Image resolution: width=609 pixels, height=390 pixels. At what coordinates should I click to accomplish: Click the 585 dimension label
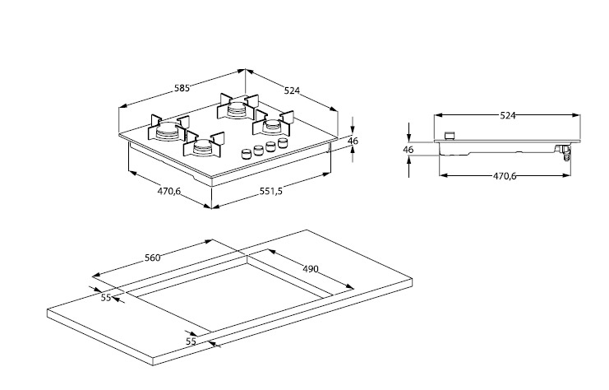[182, 88]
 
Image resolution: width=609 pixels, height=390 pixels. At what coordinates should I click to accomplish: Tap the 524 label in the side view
[508, 116]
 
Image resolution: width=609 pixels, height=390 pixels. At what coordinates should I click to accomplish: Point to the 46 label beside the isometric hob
[353, 142]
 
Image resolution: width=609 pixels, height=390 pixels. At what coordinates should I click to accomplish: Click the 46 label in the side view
[408, 150]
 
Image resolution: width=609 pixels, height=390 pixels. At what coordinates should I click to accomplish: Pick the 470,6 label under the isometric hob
[169, 191]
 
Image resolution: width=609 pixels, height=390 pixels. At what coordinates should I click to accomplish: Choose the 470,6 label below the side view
[505, 175]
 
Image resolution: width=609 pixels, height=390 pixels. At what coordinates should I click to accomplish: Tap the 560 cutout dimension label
[152, 258]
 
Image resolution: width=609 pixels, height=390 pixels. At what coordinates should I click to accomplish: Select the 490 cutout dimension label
[309, 269]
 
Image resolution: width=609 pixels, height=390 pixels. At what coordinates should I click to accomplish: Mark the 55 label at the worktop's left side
[106, 298]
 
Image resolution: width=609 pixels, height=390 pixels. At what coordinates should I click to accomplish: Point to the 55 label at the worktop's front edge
[191, 341]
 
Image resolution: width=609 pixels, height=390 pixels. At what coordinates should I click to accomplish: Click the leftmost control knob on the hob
[246, 153]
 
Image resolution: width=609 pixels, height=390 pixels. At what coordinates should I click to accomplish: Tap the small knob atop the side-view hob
[449, 136]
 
